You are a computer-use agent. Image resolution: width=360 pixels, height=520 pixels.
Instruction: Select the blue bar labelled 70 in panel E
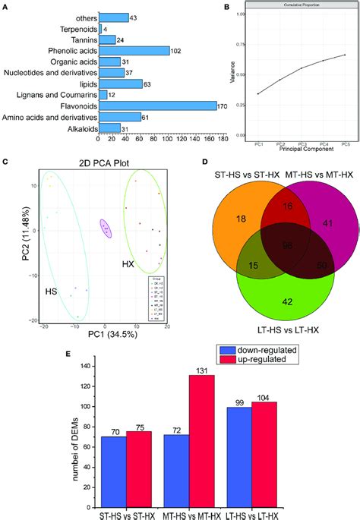click(x=115, y=471)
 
